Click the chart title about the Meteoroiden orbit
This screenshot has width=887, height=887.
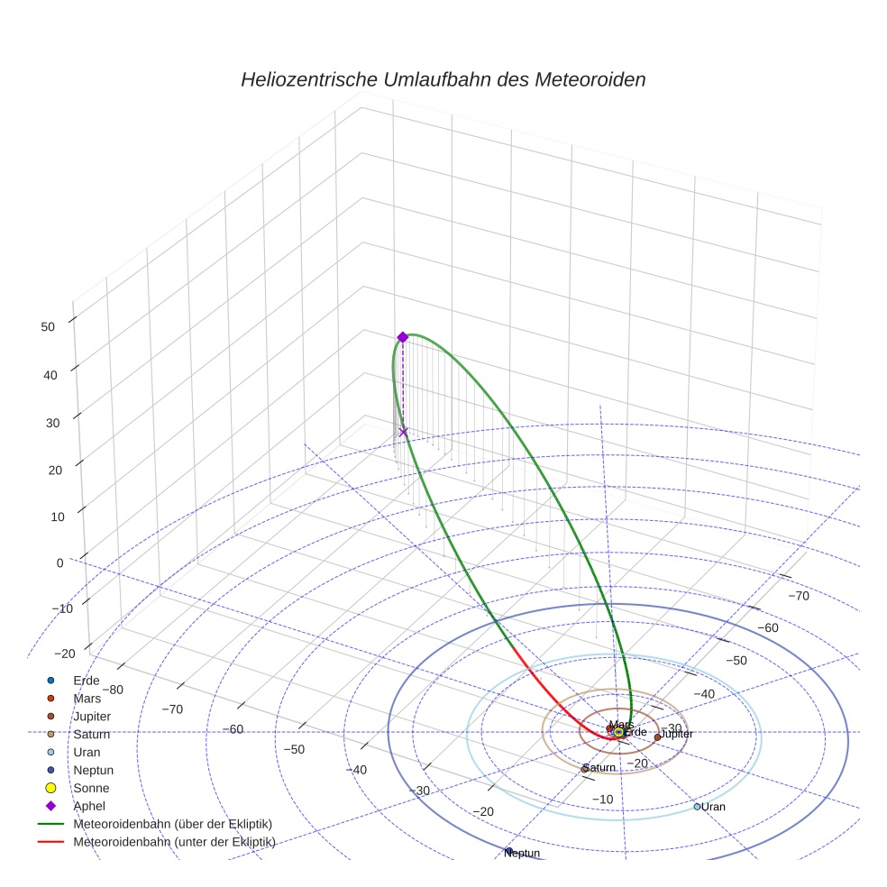(x=443, y=79)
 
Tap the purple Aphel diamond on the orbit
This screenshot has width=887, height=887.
(x=403, y=337)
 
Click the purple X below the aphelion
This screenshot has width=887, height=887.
(x=403, y=432)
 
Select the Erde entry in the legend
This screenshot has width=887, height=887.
(x=87, y=680)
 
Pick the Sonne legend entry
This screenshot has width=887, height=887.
(x=91, y=788)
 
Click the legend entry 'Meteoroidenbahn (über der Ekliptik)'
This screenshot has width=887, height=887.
(x=172, y=824)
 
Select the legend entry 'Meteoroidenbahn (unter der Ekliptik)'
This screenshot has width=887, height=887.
(x=174, y=842)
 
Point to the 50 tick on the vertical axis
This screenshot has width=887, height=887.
(x=49, y=327)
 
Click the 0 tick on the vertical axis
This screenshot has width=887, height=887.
(x=59, y=562)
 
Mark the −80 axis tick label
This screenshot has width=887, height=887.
(x=113, y=690)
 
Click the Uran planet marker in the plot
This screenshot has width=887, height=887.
(x=698, y=806)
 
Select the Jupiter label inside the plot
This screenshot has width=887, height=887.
(x=677, y=734)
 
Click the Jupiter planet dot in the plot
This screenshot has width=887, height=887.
(x=657, y=736)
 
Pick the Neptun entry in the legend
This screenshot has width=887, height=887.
(x=93, y=770)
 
